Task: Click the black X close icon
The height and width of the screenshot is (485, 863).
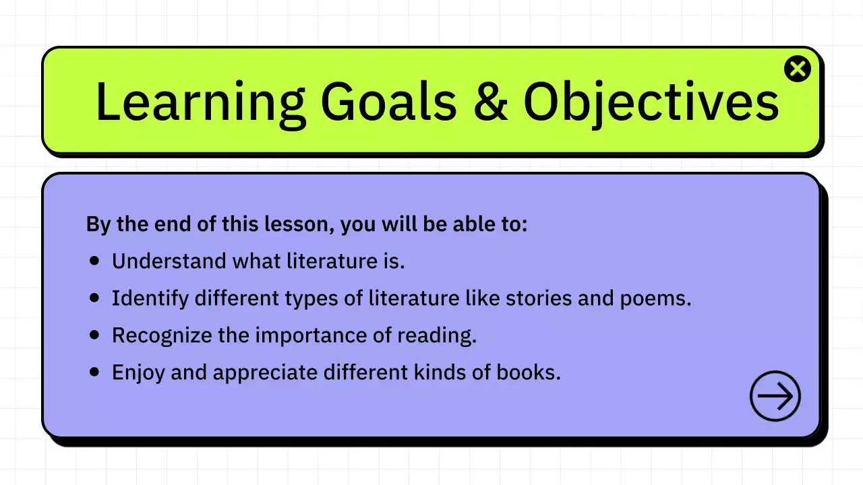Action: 798,69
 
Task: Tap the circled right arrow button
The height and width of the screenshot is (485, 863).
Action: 775,396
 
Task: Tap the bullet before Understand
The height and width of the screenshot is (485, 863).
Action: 95,259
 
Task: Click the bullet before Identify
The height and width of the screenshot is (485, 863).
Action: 95,297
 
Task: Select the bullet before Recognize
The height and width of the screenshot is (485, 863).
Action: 95,334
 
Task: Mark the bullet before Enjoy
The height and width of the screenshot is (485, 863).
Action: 95,371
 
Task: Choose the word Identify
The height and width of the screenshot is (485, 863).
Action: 150,298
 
